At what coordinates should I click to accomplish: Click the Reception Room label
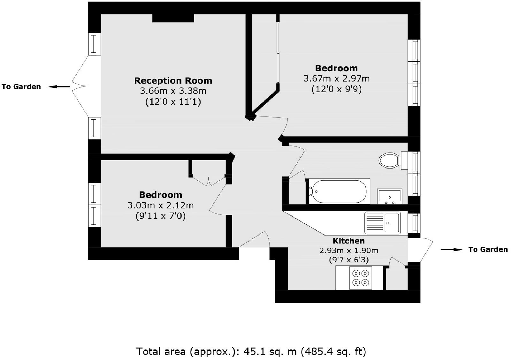(173, 80)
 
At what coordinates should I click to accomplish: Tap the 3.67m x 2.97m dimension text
(336, 79)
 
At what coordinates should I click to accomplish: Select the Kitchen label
(348, 241)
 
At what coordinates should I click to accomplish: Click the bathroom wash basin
(389, 196)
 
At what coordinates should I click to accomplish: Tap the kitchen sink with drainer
(383, 223)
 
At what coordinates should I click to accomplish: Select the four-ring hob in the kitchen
(360, 278)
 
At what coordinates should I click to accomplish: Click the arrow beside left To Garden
(59, 86)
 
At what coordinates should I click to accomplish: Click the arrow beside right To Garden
(451, 250)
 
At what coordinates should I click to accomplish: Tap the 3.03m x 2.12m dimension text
(160, 205)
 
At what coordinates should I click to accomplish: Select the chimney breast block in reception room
(173, 18)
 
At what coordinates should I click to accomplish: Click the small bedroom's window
(95, 205)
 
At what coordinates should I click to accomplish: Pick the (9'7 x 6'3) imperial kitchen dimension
(348, 260)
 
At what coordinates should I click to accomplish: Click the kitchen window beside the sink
(414, 223)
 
